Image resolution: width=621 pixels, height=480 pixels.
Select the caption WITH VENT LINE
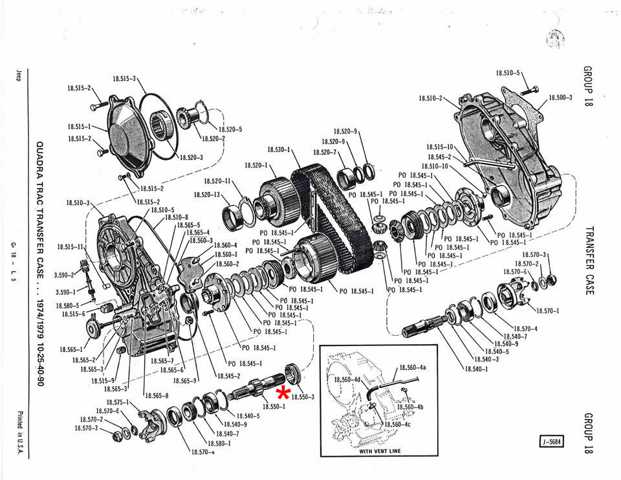point(378,452)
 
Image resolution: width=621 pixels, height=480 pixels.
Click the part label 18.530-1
point(279,150)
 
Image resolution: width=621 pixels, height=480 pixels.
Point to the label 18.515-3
point(124,78)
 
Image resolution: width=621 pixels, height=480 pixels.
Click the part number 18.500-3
point(560,97)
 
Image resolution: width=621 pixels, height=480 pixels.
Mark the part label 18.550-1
point(275,406)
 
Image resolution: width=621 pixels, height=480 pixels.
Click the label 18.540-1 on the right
point(475,369)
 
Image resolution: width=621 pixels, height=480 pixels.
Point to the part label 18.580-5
point(67,305)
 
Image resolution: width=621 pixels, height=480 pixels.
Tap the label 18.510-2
point(430,98)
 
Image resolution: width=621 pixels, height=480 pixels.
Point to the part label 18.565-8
point(157,395)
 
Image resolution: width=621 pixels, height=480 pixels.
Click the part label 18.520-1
point(257,166)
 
